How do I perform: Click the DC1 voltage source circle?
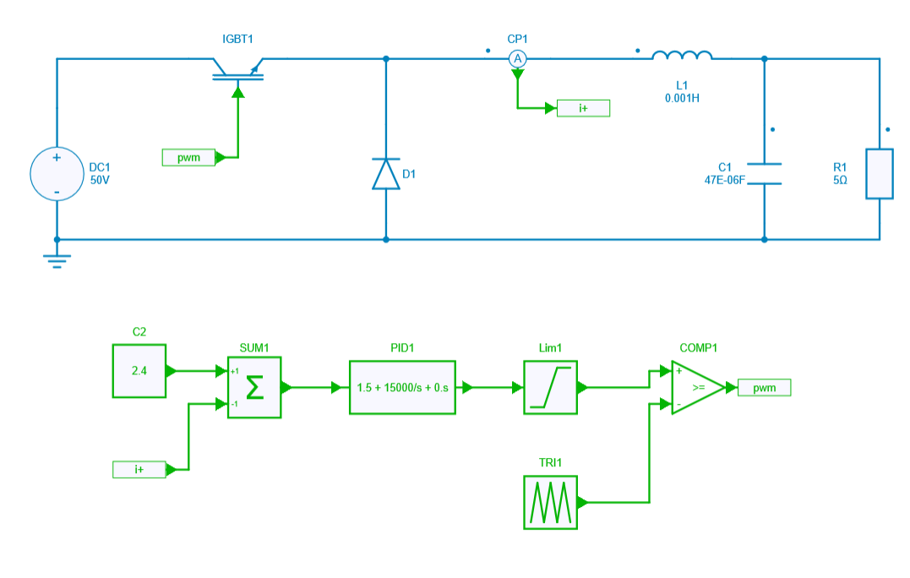click(57, 175)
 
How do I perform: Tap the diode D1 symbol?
click(386, 173)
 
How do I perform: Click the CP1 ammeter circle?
click(518, 58)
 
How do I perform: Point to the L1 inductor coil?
click(682, 56)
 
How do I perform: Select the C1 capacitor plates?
click(764, 173)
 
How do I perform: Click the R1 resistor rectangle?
click(879, 174)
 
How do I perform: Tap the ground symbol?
click(57, 259)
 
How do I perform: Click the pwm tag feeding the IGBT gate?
click(188, 157)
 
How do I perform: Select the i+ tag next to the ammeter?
click(583, 108)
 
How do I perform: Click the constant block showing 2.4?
click(139, 370)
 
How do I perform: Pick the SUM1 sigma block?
click(254, 387)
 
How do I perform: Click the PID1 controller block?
click(401, 387)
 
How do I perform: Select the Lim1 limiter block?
click(549, 387)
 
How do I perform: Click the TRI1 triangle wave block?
click(549, 502)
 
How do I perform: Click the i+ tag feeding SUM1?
click(139, 469)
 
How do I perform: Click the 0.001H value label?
click(682, 98)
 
